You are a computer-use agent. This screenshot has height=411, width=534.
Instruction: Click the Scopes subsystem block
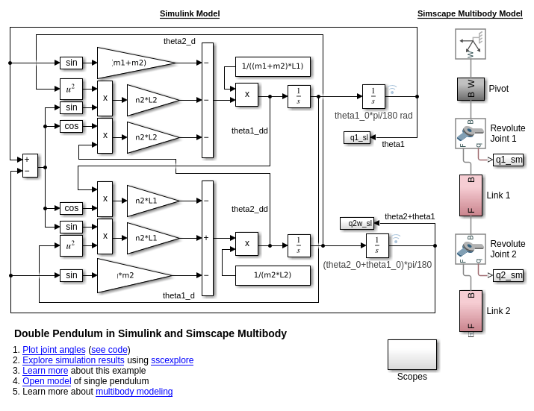click(x=412, y=354)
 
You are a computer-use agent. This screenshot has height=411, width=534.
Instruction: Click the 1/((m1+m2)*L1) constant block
click(x=273, y=66)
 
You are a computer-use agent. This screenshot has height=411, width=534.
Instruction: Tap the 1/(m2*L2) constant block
click(x=273, y=275)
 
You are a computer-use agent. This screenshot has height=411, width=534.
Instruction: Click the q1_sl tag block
click(x=356, y=137)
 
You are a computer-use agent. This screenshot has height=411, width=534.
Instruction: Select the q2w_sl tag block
click(x=356, y=223)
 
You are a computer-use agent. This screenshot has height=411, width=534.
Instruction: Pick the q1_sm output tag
click(x=509, y=160)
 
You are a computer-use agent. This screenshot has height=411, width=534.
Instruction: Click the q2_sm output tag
click(x=509, y=275)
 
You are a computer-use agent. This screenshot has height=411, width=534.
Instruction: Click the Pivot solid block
click(x=471, y=89)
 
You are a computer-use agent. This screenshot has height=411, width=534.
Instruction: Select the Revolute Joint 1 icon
click(x=471, y=133)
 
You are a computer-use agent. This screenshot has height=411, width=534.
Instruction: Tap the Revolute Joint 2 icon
click(x=471, y=248)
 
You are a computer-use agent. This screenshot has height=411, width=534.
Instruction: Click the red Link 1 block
click(x=471, y=195)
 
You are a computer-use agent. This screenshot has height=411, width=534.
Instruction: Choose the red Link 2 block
click(x=471, y=311)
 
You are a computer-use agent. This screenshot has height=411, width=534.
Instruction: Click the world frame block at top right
click(x=471, y=44)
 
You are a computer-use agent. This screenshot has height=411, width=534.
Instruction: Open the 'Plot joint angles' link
click(x=54, y=350)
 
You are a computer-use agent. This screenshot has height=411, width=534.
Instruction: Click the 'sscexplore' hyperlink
click(x=172, y=360)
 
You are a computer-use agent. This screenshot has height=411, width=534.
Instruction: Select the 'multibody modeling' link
click(x=134, y=392)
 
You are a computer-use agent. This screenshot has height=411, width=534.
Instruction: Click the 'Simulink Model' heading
click(x=190, y=13)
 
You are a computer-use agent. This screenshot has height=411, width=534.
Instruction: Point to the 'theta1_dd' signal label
click(x=249, y=131)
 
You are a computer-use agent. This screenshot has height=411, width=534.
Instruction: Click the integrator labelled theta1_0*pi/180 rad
click(x=373, y=96)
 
